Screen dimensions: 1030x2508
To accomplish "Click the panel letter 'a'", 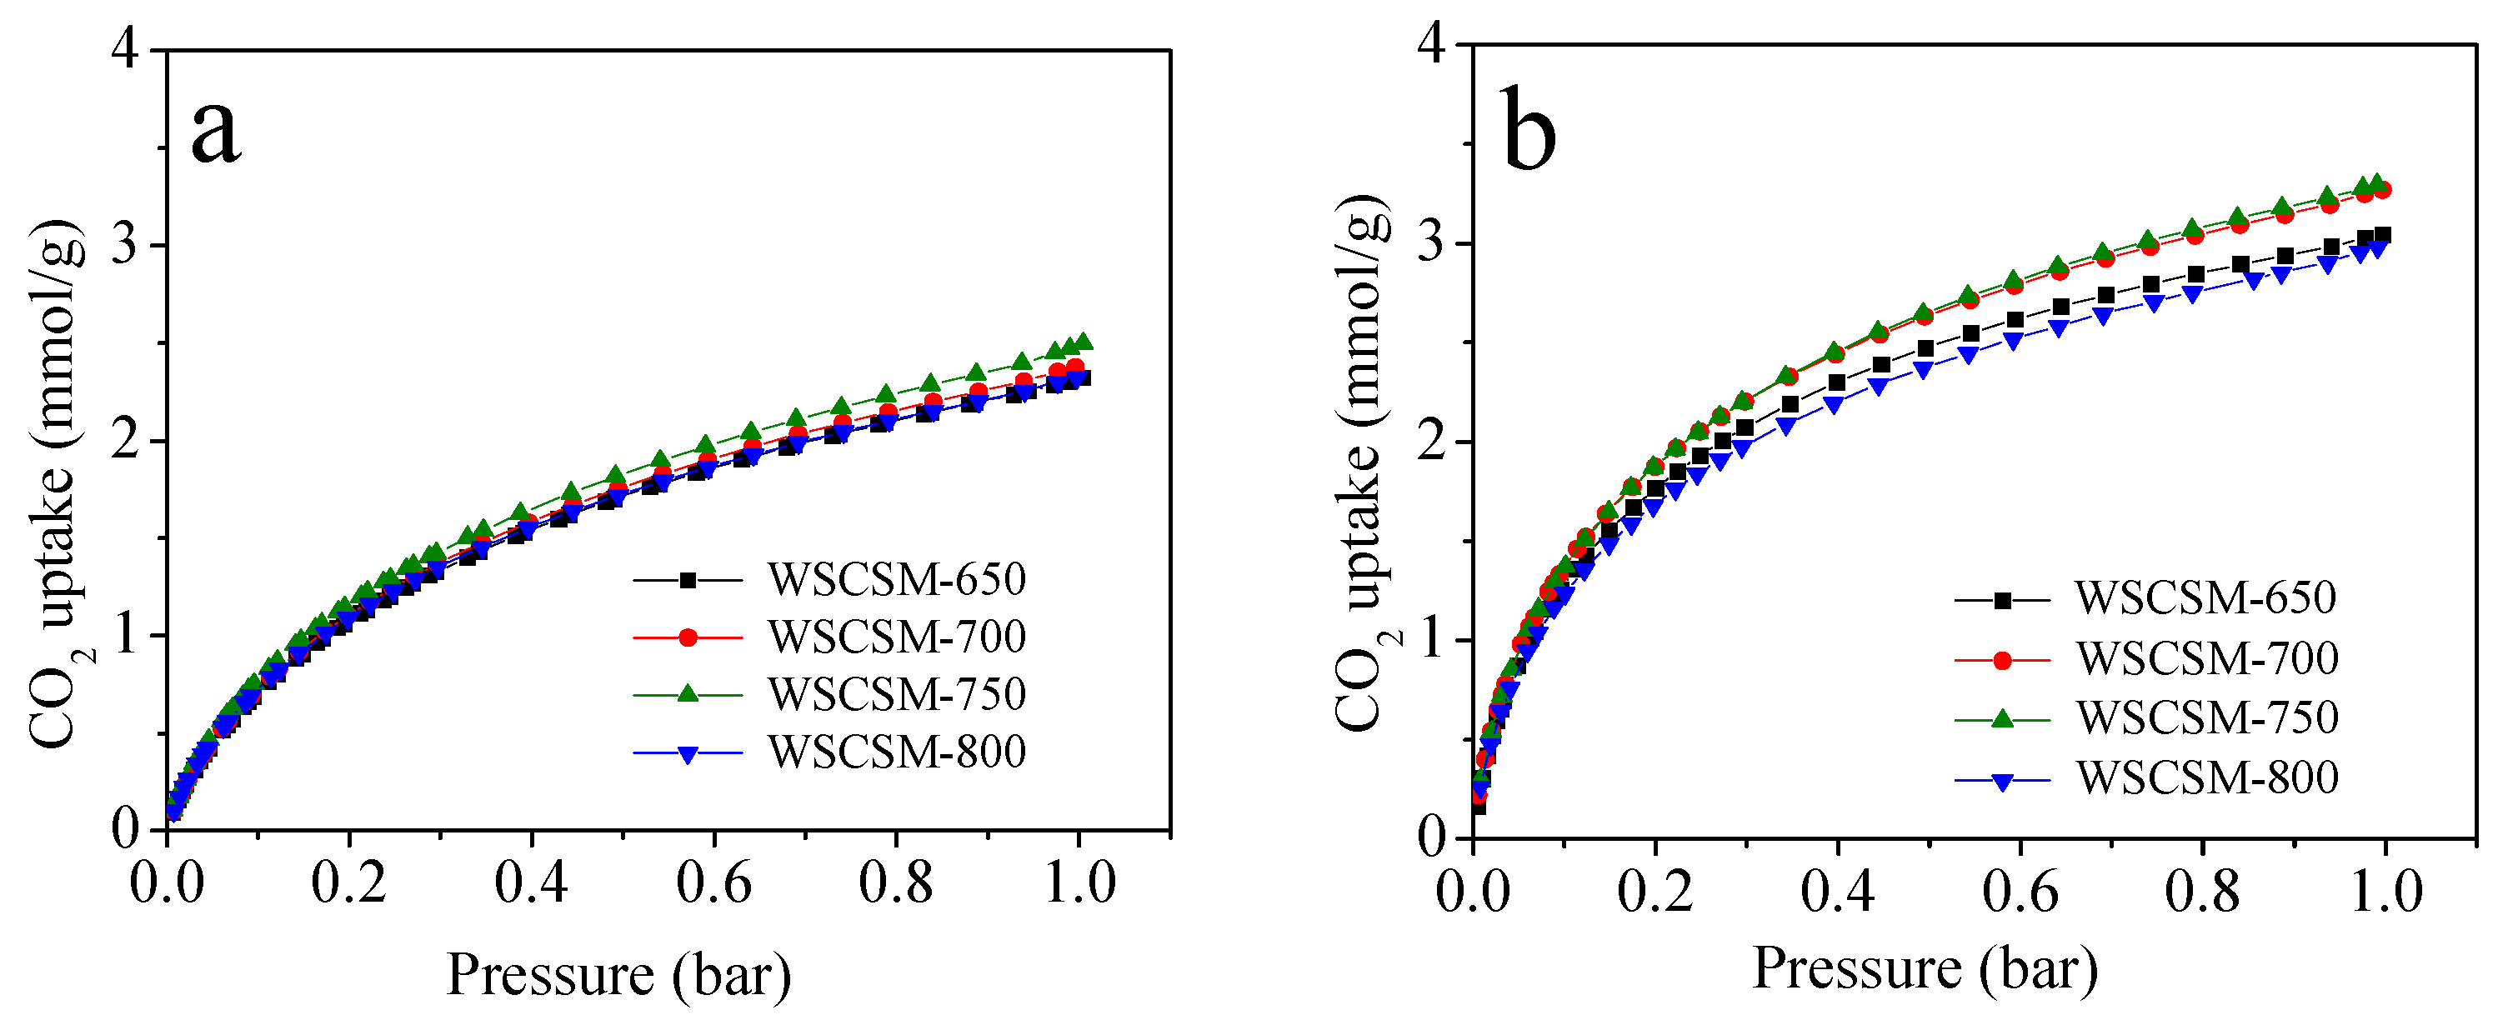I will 215,132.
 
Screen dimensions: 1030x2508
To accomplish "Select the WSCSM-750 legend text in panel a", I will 897,694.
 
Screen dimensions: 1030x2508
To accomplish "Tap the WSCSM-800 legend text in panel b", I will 2207,777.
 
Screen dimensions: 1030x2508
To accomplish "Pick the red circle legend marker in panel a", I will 688,637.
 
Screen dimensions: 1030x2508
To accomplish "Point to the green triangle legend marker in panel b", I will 2002,718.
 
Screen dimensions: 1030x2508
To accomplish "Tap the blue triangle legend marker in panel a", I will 688,753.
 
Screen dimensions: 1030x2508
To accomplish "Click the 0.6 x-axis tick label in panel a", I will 713,884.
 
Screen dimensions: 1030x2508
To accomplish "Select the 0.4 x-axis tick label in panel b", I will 1836,891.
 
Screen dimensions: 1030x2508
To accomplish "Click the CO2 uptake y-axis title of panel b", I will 1363,462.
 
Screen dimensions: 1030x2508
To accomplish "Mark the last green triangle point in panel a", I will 1083,342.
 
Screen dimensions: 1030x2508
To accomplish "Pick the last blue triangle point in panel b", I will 2376,249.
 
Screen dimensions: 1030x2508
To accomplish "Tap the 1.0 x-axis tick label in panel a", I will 1079,884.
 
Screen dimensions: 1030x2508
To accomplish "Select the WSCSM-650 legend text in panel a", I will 897,579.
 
